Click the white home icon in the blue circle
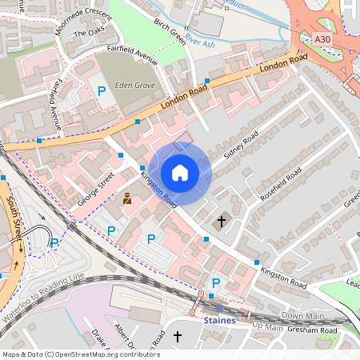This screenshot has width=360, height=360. (x=180, y=173)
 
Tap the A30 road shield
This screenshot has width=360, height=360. (x=322, y=38)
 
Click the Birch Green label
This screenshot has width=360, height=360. (x=169, y=30)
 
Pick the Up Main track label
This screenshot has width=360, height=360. (x=268, y=326)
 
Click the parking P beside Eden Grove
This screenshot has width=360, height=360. (x=102, y=92)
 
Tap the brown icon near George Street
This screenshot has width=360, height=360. (x=126, y=198)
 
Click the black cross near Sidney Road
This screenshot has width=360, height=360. (x=222, y=220)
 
